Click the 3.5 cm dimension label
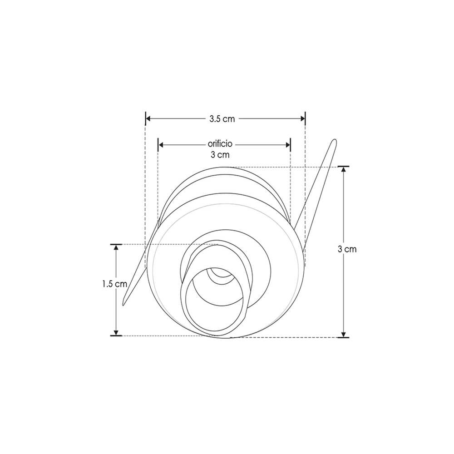222,119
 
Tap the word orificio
220,144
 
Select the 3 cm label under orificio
220,155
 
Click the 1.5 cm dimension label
114,284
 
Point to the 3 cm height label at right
347,249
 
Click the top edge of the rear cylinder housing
227,168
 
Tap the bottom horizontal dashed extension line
281,337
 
